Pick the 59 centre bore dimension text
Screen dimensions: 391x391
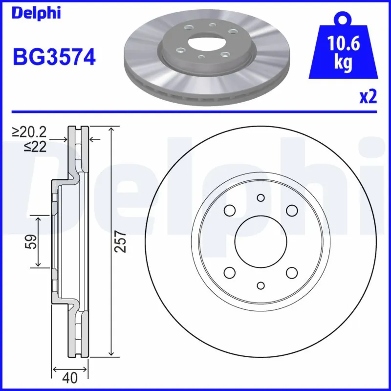coord(31,241)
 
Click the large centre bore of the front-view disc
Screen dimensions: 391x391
coord(260,241)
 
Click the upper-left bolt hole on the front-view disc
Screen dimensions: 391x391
coord(229,210)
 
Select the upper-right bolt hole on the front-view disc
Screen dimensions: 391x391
coord(292,210)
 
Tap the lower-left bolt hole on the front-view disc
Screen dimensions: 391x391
coord(229,273)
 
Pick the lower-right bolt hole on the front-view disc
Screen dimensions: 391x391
coord(292,273)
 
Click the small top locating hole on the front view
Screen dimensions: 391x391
coord(260,197)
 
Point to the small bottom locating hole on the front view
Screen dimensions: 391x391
coord(260,285)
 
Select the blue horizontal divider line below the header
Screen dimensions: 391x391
coord(195,111)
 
